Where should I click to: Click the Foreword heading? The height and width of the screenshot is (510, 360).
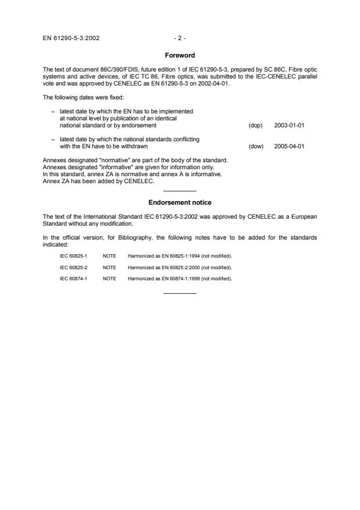[180, 55]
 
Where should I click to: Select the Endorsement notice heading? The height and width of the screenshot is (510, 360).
[180, 202]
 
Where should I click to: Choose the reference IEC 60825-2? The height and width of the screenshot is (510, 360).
[73, 267]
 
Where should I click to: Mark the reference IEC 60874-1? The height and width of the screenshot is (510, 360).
[73, 279]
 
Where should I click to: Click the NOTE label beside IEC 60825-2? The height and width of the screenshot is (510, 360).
[109, 267]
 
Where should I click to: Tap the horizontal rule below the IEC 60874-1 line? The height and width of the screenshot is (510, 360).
[180, 293]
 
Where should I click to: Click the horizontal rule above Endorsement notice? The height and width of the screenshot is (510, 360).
[180, 191]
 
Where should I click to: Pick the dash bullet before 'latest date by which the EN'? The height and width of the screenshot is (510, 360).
[53, 110]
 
